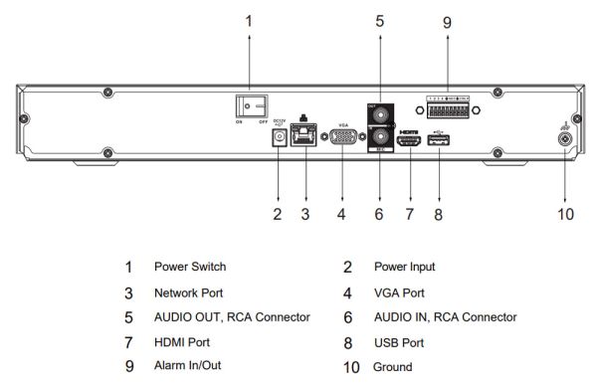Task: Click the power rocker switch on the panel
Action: pyautogui.click(x=249, y=103)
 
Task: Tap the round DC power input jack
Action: pyautogui.click(x=278, y=138)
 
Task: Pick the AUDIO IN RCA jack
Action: pyautogui.click(x=378, y=135)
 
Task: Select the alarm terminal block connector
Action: pyautogui.click(x=447, y=108)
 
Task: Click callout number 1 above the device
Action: pyautogui.click(x=249, y=19)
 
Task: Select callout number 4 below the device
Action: pyautogui.click(x=342, y=212)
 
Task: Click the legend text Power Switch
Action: pyautogui.click(x=189, y=267)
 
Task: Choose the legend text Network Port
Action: pyautogui.click(x=188, y=292)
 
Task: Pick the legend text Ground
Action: pyautogui.click(x=392, y=367)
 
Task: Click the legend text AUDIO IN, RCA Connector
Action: pyautogui.click(x=445, y=317)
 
